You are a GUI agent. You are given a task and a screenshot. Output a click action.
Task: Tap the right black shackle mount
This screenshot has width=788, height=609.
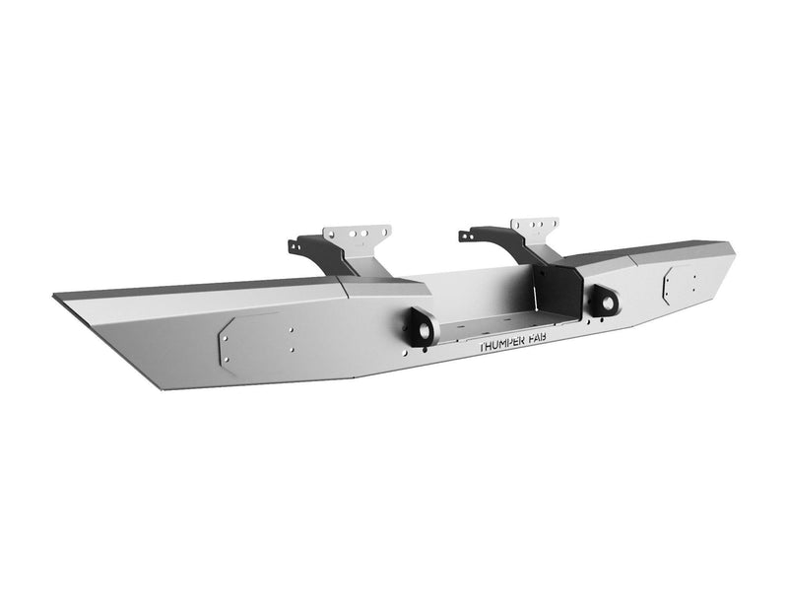pos(603,303)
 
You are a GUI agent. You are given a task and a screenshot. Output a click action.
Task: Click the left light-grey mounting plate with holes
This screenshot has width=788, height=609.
pos(357,235)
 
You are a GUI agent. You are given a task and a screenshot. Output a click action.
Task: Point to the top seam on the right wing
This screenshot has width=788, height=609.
pos(630,259)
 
